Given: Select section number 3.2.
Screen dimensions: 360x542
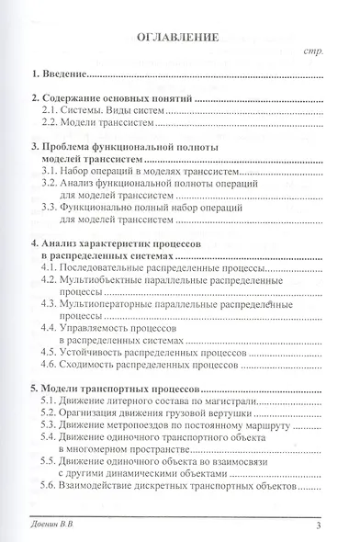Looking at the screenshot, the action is click(x=55, y=185).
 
